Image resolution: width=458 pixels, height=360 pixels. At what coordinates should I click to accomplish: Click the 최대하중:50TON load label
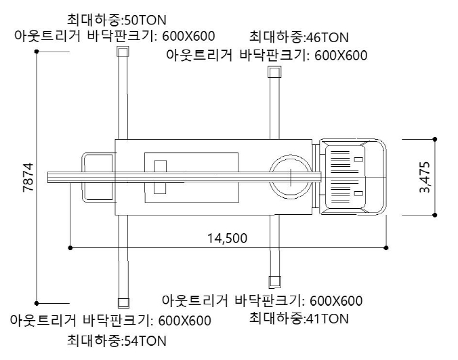117,20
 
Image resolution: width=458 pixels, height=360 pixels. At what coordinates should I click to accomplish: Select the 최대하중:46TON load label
299,37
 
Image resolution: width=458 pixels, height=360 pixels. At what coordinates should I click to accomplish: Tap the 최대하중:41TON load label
299,319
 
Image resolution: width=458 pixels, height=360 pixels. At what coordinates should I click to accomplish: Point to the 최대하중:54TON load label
117,341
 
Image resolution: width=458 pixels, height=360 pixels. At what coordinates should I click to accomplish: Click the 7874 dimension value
28,178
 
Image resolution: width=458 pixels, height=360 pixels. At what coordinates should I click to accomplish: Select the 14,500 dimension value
227,239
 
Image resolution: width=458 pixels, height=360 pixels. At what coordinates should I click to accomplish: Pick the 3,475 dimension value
425,177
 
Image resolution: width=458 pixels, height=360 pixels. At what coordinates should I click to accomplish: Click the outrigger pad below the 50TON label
123,52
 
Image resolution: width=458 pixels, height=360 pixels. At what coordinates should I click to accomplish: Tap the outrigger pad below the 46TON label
274,72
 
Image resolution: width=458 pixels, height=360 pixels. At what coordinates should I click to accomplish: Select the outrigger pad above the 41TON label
274,281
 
